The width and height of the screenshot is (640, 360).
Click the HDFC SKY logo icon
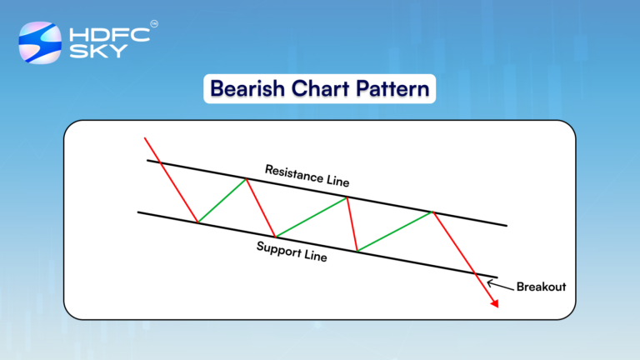[40, 44]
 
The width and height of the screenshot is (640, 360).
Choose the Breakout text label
[541, 287]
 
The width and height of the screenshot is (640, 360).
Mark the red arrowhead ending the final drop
[494, 304]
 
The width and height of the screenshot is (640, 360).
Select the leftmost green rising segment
[222, 200]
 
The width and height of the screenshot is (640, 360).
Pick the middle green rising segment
[311, 217]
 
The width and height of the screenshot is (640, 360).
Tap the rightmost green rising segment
[395, 231]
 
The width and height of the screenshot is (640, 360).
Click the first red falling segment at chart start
[171, 179]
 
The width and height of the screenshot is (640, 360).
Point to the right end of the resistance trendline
[506, 225]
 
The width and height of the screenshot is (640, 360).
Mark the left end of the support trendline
[138, 212]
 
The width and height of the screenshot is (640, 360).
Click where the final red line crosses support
[475, 273]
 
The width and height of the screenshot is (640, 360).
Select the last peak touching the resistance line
[433, 212]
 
